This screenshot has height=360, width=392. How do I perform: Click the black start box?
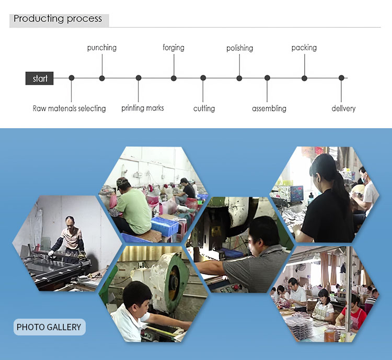point(40,78)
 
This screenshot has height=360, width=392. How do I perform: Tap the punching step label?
point(102,48)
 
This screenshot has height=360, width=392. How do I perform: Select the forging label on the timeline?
point(174,48)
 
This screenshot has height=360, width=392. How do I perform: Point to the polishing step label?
point(239,48)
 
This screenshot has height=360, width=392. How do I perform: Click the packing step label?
point(304,48)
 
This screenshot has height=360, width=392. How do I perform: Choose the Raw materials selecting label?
point(70,109)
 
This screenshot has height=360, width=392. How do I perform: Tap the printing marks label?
point(143,108)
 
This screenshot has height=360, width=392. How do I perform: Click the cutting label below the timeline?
point(204,109)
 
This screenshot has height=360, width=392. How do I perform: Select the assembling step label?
point(269,109)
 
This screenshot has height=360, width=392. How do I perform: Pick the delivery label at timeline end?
point(343,109)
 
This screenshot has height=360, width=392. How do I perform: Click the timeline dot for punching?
point(102,78)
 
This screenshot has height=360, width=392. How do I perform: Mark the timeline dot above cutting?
point(203,78)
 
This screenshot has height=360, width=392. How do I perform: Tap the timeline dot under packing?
point(304,78)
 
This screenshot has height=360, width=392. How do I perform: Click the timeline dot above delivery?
point(341,78)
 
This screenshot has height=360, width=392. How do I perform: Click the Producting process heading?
point(58,19)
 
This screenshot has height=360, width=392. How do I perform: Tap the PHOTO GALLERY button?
point(49,328)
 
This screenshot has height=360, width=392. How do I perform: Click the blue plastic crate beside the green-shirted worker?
point(165,226)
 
